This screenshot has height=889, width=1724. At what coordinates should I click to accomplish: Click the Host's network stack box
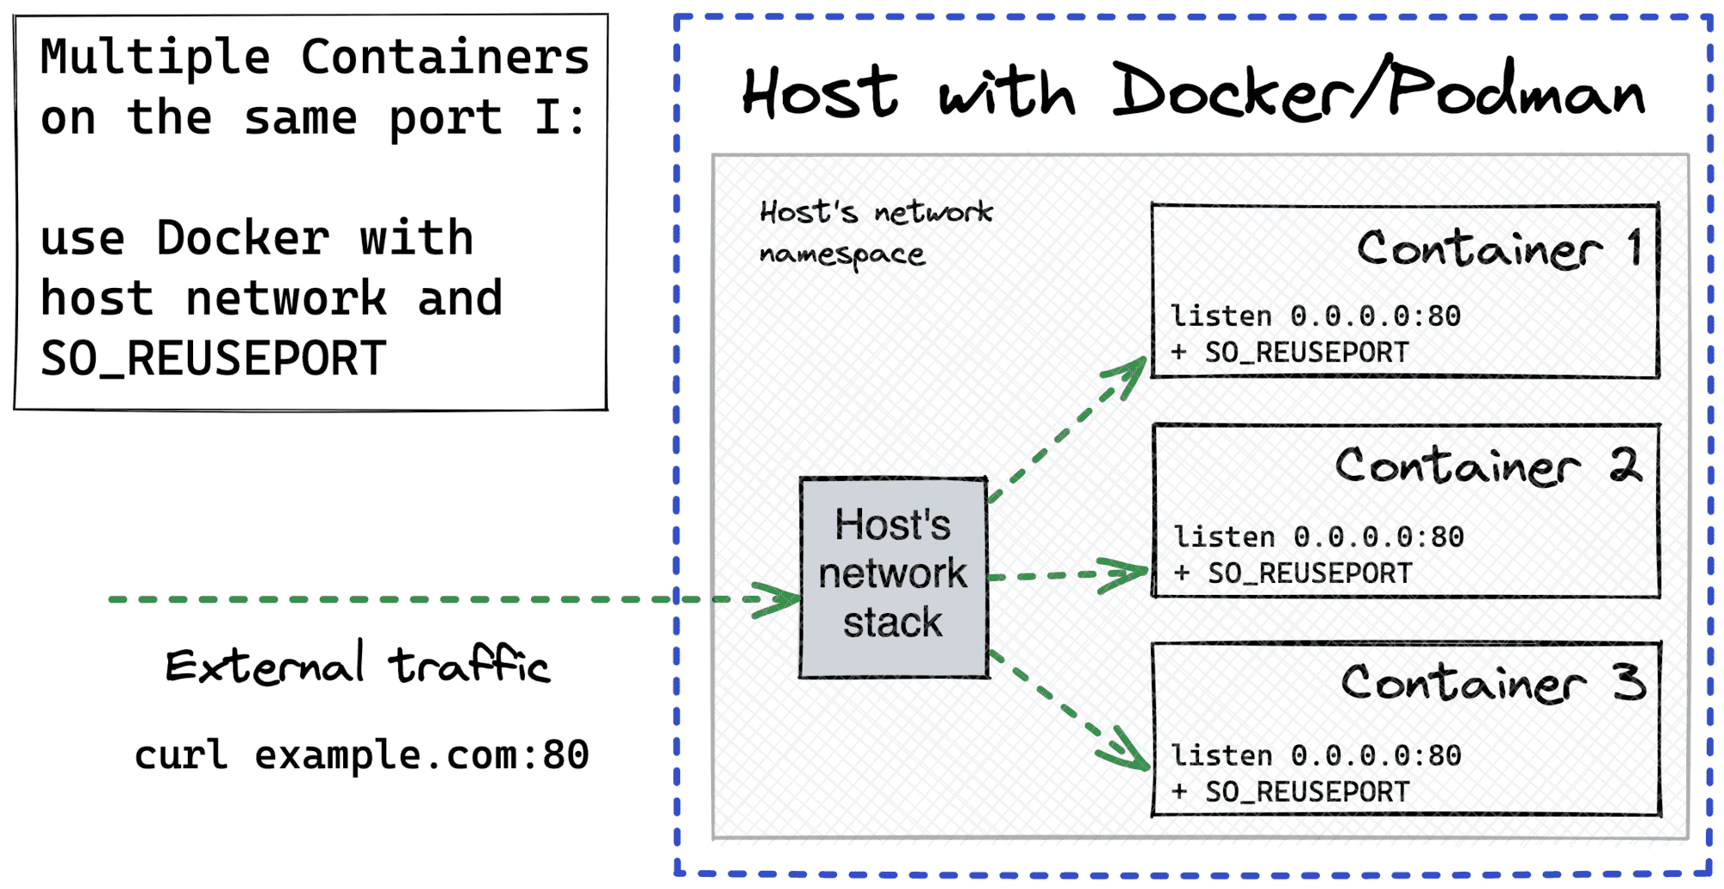tap(893, 577)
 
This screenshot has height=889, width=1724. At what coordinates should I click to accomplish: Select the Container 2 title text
tap(1487, 466)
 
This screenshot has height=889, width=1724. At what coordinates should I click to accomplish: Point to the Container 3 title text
tap(1492, 684)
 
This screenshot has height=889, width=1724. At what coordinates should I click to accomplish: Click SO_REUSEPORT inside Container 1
tap(1306, 353)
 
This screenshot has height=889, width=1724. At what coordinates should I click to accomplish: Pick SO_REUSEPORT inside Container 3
tap(1307, 792)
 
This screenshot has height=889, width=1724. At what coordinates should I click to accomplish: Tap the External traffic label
tap(357, 667)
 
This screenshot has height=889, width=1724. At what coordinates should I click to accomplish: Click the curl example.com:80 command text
tap(361, 755)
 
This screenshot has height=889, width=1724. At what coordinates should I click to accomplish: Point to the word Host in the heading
tap(819, 92)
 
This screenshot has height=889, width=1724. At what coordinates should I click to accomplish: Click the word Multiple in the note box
tap(155, 58)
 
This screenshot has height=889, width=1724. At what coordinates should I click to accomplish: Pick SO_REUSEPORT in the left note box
tap(213, 359)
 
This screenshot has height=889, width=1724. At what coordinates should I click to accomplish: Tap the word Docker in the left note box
tap(242, 238)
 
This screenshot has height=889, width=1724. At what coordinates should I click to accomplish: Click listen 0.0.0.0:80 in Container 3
tap(1315, 756)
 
